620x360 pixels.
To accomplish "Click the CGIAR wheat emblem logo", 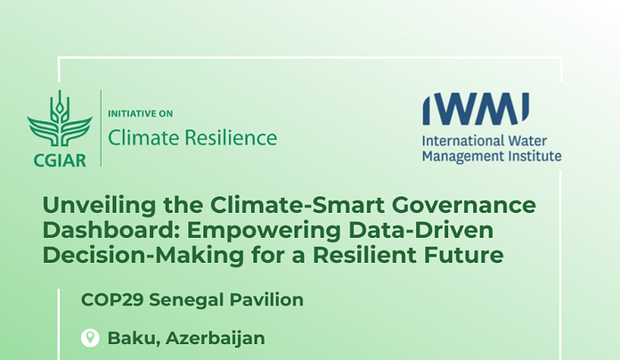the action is click(60, 119).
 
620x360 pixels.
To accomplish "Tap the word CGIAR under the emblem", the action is click(60, 160).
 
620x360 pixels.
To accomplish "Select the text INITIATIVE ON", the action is click(141, 114).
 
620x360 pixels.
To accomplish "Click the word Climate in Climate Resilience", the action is click(143, 137).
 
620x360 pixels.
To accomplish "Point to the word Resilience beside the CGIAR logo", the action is click(231, 137).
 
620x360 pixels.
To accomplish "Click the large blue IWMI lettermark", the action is click(476, 109).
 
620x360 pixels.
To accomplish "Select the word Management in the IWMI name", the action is click(461, 156).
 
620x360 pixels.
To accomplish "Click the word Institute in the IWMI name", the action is click(534, 156).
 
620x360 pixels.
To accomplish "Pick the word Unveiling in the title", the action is click(99, 205).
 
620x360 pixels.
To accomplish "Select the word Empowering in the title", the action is click(264, 231).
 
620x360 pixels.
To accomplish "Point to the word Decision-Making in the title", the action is click(143, 256).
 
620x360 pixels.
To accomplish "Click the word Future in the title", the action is click(463, 255).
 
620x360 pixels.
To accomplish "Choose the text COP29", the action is click(112, 300).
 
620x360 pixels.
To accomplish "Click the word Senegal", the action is click(186, 300).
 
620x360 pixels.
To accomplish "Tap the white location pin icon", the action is click(90, 338).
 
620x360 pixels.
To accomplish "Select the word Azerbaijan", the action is click(215, 339).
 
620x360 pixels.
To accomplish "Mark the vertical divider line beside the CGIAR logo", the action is click(102, 128).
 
